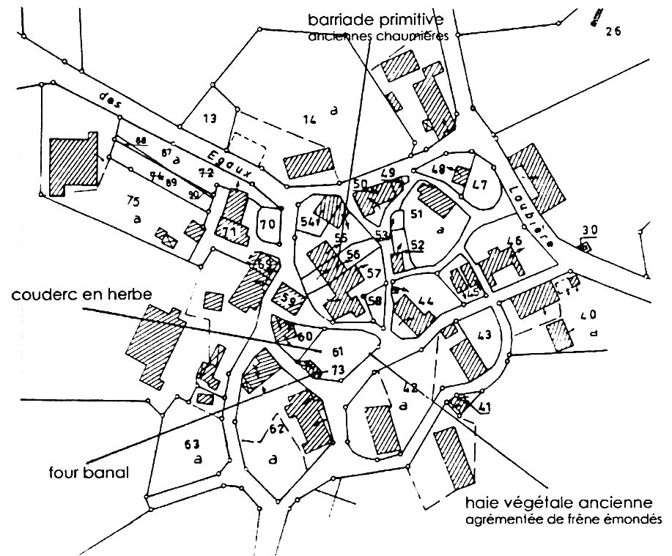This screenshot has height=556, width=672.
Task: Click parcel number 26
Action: point(613,31)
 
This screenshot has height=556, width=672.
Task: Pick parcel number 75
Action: point(133,201)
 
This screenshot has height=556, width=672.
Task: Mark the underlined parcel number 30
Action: point(589,231)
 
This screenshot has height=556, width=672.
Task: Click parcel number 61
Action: point(337,350)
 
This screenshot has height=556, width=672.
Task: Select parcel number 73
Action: point(337,371)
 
